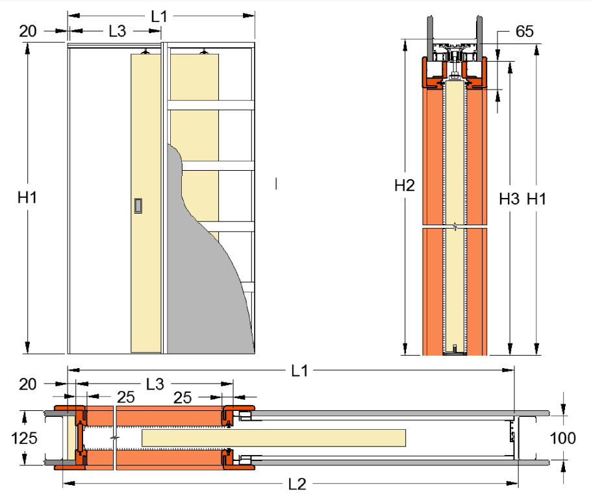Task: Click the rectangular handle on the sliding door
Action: click(x=138, y=206)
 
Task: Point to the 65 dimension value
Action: click(x=524, y=31)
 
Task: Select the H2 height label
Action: click(x=405, y=186)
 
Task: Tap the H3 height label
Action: click(x=509, y=199)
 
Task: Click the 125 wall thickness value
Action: click(x=24, y=438)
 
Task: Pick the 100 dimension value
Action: click(x=562, y=438)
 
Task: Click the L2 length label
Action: click(x=297, y=484)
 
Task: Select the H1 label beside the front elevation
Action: click(x=27, y=197)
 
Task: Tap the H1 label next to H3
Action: click(x=536, y=199)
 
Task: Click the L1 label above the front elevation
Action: click(x=158, y=17)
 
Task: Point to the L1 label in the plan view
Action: click(x=299, y=371)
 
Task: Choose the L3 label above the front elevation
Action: click(x=117, y=31)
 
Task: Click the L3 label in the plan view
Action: click(x=155, y=384)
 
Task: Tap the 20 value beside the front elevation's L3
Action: click(x=28, y=31)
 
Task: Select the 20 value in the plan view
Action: click(x=28, y=384)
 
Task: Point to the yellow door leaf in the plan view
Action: click(x=273, y=438)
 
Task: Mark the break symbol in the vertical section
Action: click(x=455, y=227)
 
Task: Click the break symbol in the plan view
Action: click(x=115, y=438)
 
